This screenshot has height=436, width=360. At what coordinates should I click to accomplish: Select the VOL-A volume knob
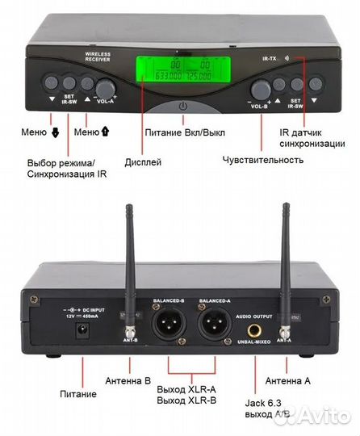[x=105, y=89]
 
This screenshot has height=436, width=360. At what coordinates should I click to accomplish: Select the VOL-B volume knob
[x=261, y=89]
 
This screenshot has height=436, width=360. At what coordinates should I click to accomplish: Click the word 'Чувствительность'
[x=263, y=160]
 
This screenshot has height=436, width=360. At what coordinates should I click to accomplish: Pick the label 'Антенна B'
[x=129, y=379]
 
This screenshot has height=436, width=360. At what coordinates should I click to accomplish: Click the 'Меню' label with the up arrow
[x=91, y=131]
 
